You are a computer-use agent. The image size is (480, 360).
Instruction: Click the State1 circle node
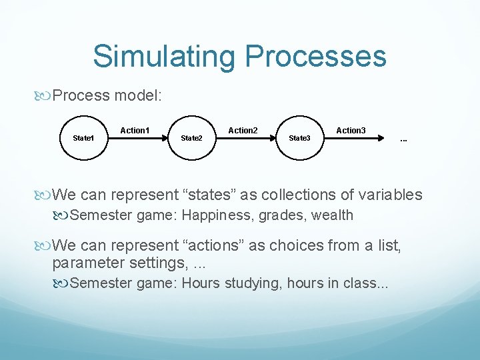point(83,137)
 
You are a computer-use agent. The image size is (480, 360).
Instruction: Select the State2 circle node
point(191,137)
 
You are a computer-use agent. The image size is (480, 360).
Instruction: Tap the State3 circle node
point(299,137)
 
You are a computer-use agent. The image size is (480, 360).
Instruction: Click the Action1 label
point(135,130)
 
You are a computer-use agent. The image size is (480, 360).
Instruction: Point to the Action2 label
point(243,130)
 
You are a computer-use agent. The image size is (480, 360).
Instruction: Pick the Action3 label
point(351,130)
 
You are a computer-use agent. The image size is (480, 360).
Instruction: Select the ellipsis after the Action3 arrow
point(403,140)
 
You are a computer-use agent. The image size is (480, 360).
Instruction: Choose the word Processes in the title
point(311,57)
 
